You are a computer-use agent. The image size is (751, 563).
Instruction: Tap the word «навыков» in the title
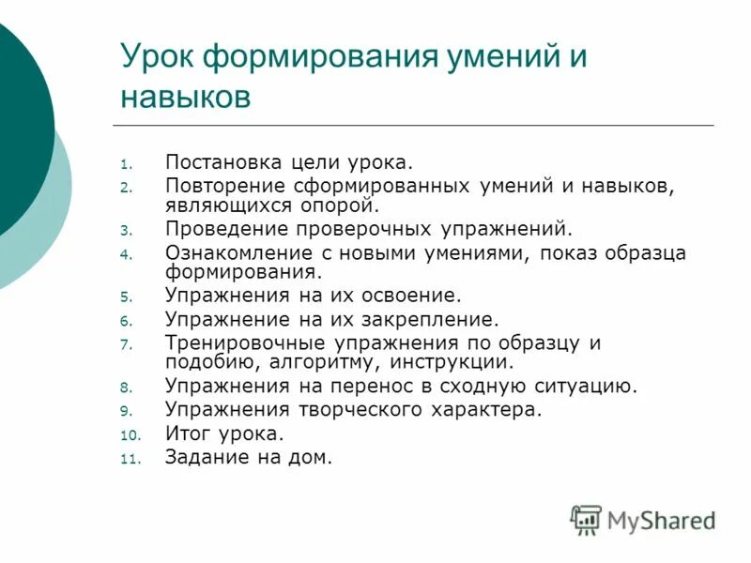[186, 97]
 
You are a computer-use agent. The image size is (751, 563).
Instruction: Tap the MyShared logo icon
[587, 520]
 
